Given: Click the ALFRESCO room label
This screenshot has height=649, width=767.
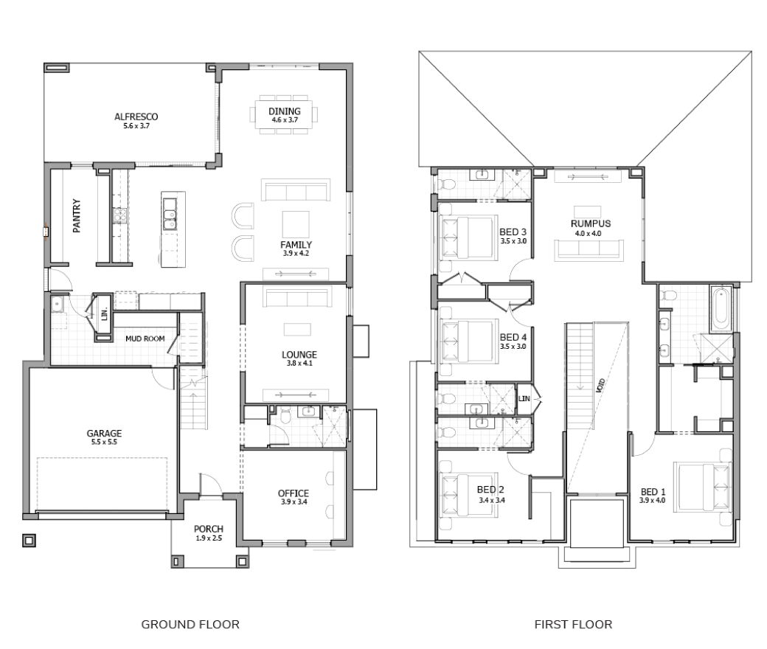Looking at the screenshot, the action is pyautogui.click(x=136, y=117).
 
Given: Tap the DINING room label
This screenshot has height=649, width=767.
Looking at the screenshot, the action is pyautogui.click(x=284, y=111).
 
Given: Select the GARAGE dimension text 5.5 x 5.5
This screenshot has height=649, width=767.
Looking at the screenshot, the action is pyautogui.click(x=104, y=442).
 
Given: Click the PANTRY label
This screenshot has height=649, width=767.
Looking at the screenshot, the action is pyautogui.click(x=77, y=215).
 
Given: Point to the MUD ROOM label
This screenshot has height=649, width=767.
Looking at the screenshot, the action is pyautogui.click(x=145, y=339).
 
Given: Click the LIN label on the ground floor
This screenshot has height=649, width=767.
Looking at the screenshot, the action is pyautogui.click(x=104, y=314).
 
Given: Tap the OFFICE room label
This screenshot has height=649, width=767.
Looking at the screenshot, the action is pyautogui.click(x=294, y=493).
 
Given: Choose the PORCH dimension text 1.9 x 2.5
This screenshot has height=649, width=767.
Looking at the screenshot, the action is pyautogui.click(x=209, y=538).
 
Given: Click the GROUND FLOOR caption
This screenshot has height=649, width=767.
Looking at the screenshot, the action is pyautogui.click(x=190, y=625).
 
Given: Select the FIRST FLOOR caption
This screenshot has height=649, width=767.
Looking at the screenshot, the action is pyautogui.click(x=573, y=625).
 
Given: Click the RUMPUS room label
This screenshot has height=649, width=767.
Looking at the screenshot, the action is pyautogui.click(x=591, y=224).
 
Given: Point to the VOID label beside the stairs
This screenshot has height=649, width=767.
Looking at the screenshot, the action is pyautogui.click(x=600, y=385).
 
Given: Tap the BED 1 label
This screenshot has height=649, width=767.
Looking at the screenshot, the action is pyautogui.click(x=653, y=492).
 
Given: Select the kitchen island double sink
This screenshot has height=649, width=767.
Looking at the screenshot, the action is pyautogui.click(x=170, y=214).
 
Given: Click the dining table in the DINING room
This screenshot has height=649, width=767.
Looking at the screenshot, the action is pyautogui.click(x=284, y=114).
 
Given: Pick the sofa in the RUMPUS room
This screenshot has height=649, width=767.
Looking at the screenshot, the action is pyautogui.click(x=589, y=250).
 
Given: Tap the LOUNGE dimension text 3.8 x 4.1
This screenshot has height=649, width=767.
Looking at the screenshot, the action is pyautogui.click(x=299, y=364).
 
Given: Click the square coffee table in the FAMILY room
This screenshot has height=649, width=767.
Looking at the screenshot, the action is pyautogui.click(x=296, y=224).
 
